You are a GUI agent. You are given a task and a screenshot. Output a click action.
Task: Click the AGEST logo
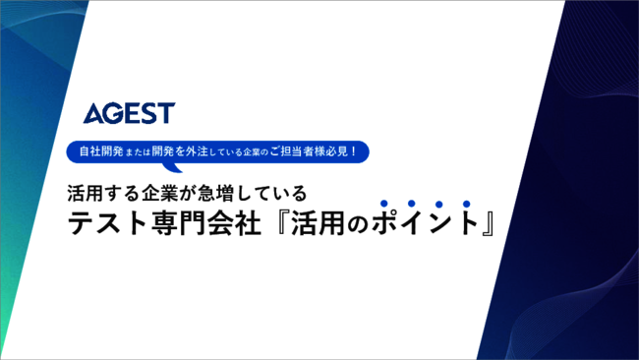coord(129,113)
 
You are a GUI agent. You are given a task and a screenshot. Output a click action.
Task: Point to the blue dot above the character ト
coord(466,203)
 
